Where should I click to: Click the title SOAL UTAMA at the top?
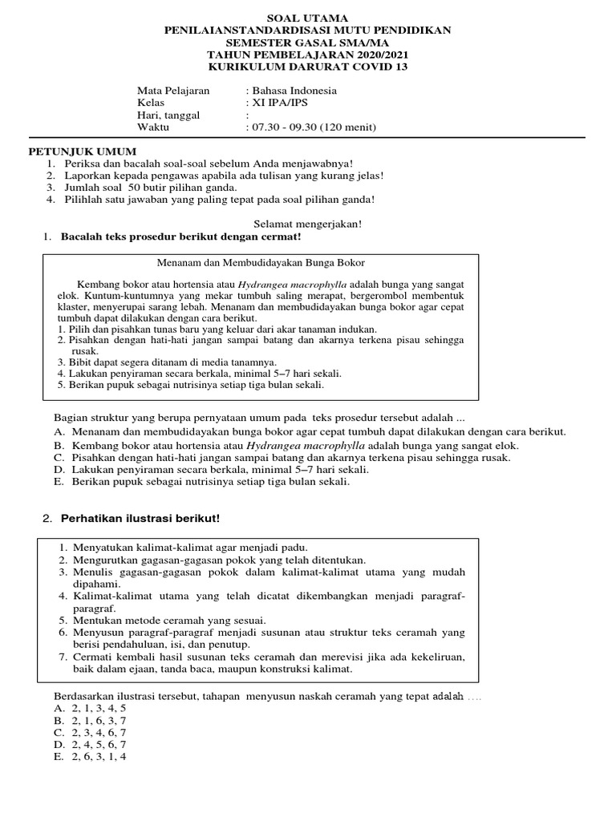pos(308,18)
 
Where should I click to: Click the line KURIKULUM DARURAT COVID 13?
pos(308,67)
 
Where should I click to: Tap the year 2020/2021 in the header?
pos(375,55)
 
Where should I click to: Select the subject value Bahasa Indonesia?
pos(294,91)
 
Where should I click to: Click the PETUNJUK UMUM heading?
pos(83,151)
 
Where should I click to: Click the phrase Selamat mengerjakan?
pos(308,224)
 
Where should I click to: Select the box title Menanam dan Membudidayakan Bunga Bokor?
pos(259,262)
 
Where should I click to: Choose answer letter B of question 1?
pos(59,446)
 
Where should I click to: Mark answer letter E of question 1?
pos(59,482)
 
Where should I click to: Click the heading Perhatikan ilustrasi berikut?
pos(140,519)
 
